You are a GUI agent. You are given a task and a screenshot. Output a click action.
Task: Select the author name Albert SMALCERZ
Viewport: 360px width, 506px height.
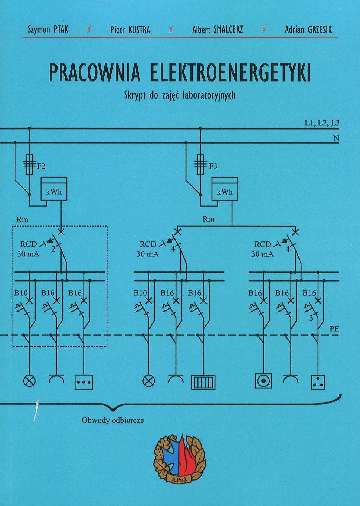click(217, 29)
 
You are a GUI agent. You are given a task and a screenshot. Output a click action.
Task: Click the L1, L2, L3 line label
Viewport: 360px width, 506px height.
click(322, 123)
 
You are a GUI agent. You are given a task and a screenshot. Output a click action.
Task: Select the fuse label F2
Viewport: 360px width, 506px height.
click(41, 166)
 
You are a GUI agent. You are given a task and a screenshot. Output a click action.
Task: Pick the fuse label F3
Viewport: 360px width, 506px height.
click(213, 166)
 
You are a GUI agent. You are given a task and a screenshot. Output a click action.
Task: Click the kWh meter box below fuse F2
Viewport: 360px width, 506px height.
click(54, 189)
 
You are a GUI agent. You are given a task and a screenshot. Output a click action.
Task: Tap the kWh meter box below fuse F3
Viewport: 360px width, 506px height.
click(225, 189)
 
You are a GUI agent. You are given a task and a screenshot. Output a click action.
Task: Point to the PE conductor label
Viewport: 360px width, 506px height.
click(334, 329)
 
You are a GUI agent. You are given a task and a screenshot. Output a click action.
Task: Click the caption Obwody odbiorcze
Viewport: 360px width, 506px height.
click(113, 420)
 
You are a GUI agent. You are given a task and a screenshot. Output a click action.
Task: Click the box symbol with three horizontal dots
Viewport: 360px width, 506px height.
click(84, 382)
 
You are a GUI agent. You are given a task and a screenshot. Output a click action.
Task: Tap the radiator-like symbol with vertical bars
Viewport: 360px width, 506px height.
click(203, 382)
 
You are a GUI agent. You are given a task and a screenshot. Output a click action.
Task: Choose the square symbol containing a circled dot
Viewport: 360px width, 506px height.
click(263, 381)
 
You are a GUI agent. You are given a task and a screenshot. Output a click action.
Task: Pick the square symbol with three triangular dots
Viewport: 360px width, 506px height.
click(318, 382)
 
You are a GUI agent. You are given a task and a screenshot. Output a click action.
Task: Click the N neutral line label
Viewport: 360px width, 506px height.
click(336, 138)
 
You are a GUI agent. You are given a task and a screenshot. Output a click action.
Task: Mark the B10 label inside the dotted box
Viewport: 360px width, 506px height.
click(21, 293)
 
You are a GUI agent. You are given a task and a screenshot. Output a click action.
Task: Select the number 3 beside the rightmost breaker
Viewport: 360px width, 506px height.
click(311, 318)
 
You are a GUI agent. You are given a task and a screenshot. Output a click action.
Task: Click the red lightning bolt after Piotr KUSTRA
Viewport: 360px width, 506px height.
click(171, 30)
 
